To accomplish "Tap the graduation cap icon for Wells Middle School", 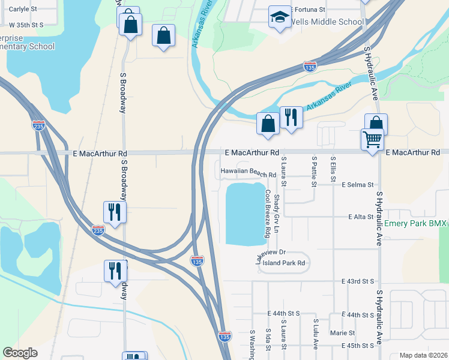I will click(x=279, y=18).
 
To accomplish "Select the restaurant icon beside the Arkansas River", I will click(x=291, y=116).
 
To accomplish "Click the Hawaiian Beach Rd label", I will click(x=248, y=172).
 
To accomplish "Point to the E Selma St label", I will click(x=358, y=185).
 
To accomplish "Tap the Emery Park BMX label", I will click(x=415, y=223).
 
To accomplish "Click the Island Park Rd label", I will click(x=284, y=263).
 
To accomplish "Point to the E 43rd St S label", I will click(x=358, y=281).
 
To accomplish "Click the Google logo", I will click(x=20, y=353).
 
